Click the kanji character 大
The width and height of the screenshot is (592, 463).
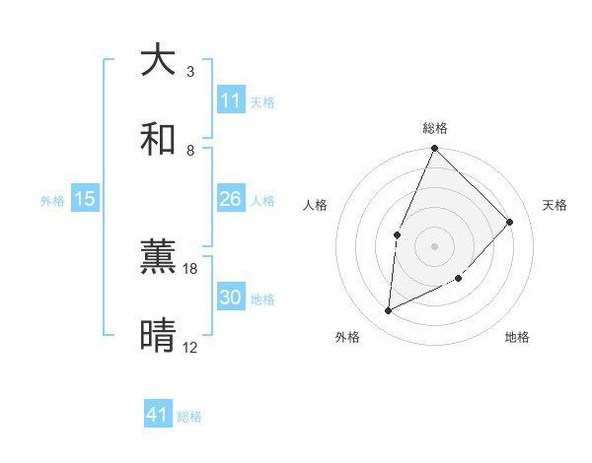pos(158,60)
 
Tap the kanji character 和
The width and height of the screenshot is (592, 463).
pos(158,139)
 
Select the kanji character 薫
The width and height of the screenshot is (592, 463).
pos(158,257)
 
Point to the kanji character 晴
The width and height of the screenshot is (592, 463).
pos(158,336)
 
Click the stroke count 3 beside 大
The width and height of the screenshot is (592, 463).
pos(190,72)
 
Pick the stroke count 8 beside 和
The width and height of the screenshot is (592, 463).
pos(190,151)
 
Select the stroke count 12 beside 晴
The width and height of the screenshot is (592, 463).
pos(190,348)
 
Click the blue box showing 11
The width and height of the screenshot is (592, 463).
pos(231,100)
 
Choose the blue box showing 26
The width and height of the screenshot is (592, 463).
pos(231,199)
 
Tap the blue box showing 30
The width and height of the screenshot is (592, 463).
pos(231,298)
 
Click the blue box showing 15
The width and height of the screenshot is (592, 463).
pos(85,199)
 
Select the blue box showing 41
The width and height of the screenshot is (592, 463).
pos(158,415)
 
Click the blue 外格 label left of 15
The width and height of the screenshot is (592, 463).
pos(52,201)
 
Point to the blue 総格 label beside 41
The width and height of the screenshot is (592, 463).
pos(189,417)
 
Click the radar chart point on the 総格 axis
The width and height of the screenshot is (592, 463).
pos(434,148)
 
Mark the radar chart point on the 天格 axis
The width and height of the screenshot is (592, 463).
pos(510,222)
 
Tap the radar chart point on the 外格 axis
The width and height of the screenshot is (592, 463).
pos(388,311)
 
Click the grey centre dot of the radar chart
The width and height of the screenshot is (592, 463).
pos(434,245)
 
